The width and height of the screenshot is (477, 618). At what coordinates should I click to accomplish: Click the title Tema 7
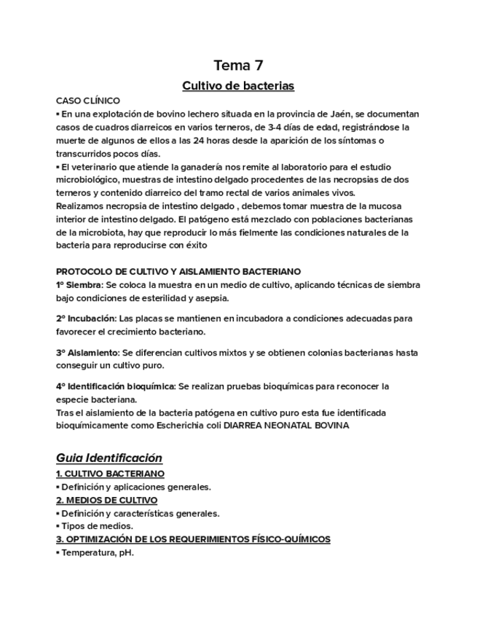pyautogui.click(x=237, y=65)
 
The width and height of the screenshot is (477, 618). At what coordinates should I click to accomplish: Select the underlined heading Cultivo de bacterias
pyautogui.click(x=237, y=86)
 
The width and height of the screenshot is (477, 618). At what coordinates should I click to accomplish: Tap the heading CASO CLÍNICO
pyautogui.click(x=88, y=101)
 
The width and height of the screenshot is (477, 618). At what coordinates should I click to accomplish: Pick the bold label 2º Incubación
pyautogui.click(x=85, y=318)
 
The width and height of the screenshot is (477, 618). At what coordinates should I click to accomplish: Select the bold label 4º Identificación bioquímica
pyautogui.click(x=115, y=386)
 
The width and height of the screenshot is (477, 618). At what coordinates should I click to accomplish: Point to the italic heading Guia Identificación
pyautogui.click(x=109, y=458)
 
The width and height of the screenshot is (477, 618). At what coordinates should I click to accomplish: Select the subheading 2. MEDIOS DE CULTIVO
pyautogui.click(x=106, y=500)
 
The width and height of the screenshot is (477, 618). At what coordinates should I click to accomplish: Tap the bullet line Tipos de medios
pyautogui.click(x=97, y=526)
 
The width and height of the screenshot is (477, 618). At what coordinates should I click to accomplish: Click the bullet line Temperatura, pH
pyautogui.click(x=98, y=552)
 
